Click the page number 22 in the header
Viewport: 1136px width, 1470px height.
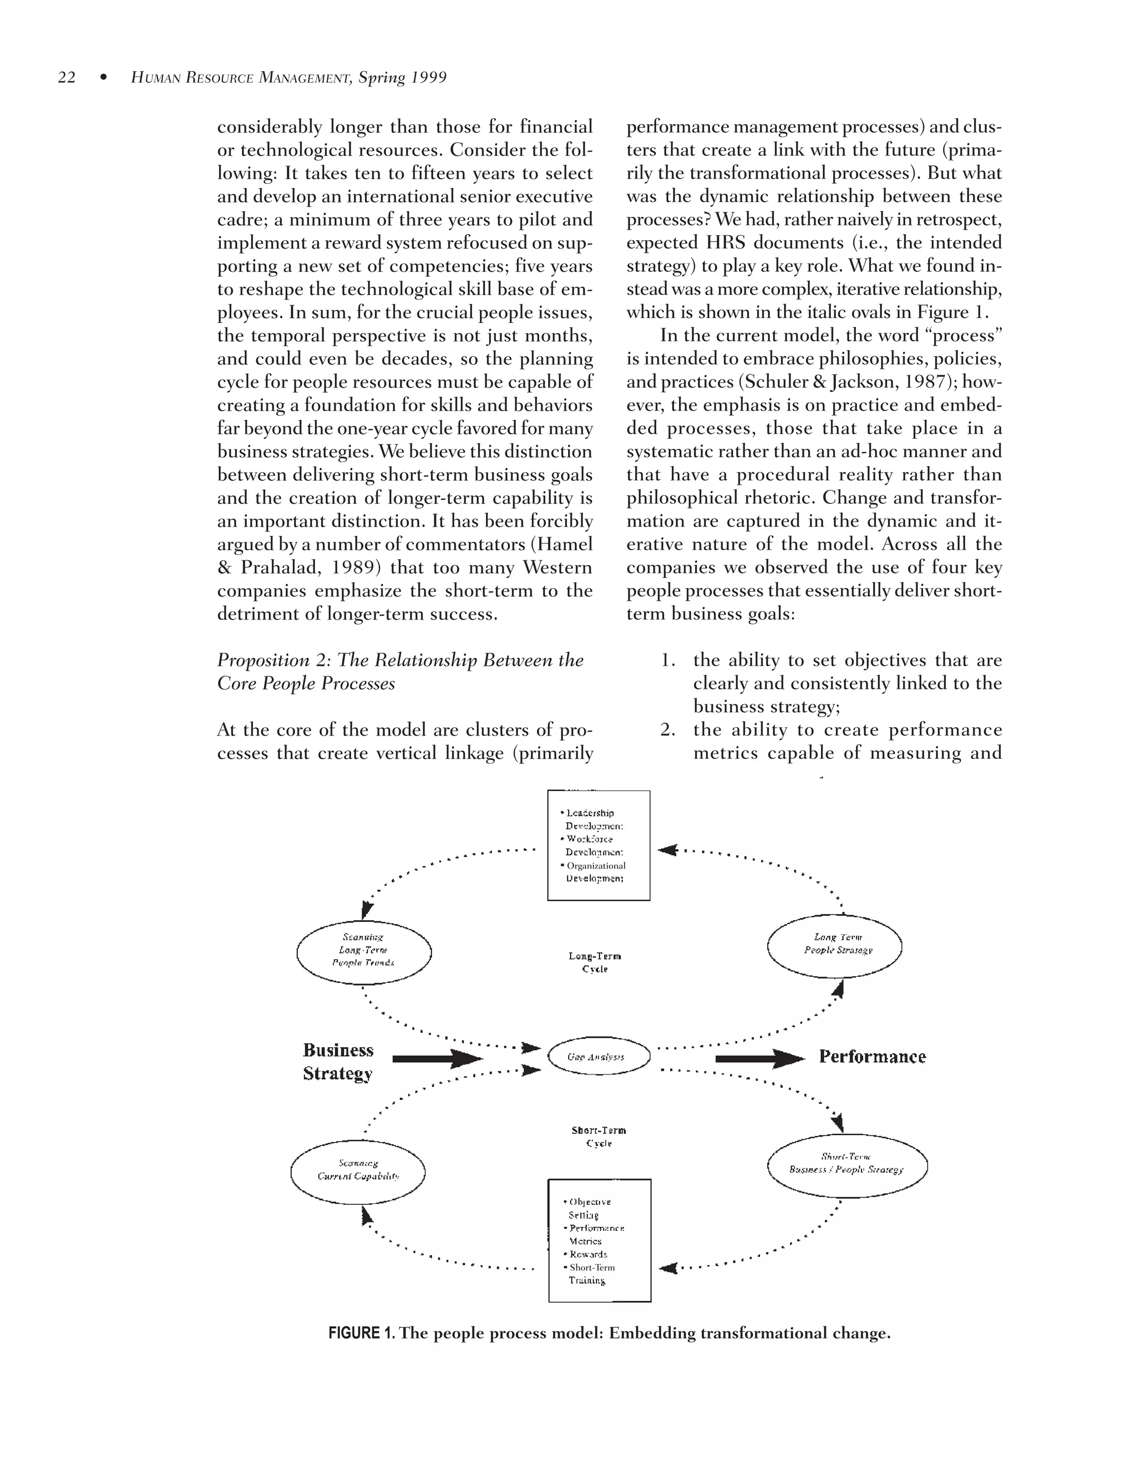point(67,78)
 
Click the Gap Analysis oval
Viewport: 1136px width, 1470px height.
point(599,1057)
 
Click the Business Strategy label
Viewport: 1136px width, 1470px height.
point(338,1061)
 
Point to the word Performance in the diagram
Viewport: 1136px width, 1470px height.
point(872,1057)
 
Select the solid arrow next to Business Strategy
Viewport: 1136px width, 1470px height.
point(437,1059)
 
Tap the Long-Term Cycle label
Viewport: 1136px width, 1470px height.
point(595,962)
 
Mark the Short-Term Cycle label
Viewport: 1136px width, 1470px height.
point(599,1136)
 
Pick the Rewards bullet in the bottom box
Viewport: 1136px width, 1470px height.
point(588,1254)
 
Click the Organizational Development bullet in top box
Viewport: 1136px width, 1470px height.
point(595,871)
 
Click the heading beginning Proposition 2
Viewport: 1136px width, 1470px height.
point(400,672)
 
